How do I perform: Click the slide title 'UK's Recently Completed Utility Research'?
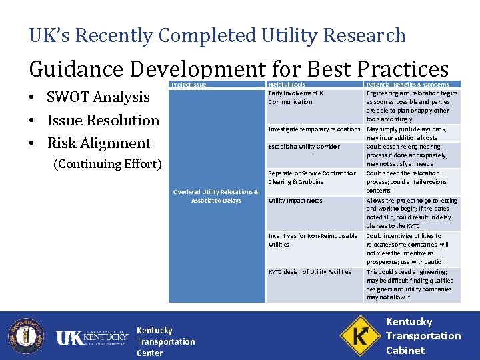click(x=217, y=35)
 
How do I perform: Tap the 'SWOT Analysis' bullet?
click(x=98, y=97)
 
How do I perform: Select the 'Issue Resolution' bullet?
click(x=103, y=121)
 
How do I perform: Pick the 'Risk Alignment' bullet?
click(x=99, y=143)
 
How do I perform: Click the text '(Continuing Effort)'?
click(x=107, y=164)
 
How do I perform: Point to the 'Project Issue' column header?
click(x=189, y=85)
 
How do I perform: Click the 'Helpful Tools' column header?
click(x=287, y=85)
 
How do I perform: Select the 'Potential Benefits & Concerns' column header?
click(x=407, y=85)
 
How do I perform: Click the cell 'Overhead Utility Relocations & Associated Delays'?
click(x=215, y=196)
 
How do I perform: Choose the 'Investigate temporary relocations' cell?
click(x=314, y=129)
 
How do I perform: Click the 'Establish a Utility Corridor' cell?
click(x=304, y=147)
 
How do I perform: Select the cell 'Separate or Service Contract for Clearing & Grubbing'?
click(x=312, y=177)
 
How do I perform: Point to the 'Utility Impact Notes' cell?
click(x=295, y=201)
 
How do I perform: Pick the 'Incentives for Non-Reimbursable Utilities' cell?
click(x=313, y=240)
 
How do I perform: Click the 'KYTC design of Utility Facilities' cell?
click(x=309, y=272)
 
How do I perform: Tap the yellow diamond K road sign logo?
click(x=360, y=335)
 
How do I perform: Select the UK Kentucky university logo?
click(x=92, y=338)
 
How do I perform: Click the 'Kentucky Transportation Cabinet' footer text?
click(x=423, y=336)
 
